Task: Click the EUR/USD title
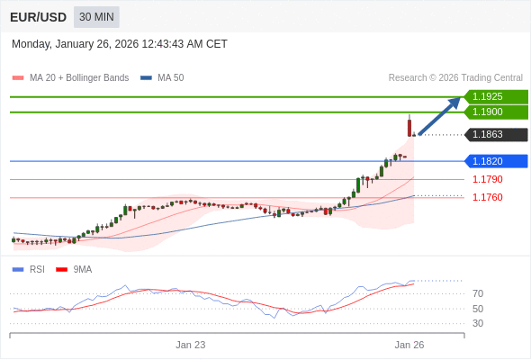pyautogui.click(x=38, y=17)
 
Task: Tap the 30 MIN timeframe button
pyautogui.click(x=96, y=17)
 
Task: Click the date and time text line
pyautogui.click(x=120, y=44)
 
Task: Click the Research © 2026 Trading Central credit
pyautogui.click(x=455, y=77)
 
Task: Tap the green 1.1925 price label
pyautogui.click(x=495, y=96)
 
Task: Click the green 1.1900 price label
pyautogui.click(x=495, y=112)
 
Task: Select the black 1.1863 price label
pyautogui.click(x=495, y=135)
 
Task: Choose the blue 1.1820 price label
pyautogui.click(x=495, y=161)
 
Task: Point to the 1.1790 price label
pyautogui.click(x=488, y=179)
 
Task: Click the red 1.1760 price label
pyautogui.click(x=488, y=197)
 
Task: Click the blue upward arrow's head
pyautogui.click(x=454, y=102)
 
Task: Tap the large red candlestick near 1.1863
pyautogui.click(x=409, y=127)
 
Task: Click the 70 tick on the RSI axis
pyautogui.click(x=478, y=293)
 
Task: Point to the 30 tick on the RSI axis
pyautogui.click(x=478, y=323)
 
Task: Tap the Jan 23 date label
pyautogui.click(x=191, y=345)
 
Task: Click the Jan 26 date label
pyautogui.click(x=409, y=345)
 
